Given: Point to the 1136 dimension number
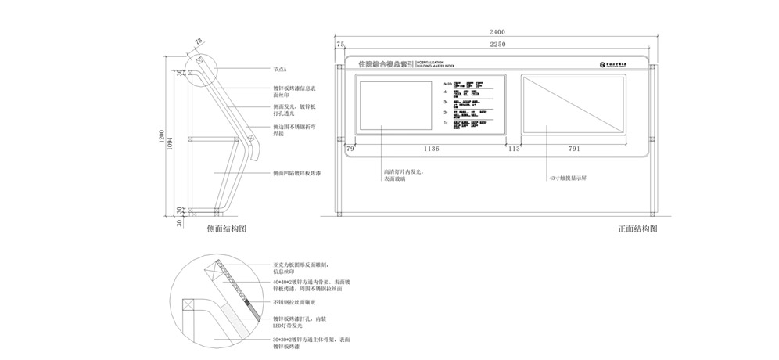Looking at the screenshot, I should point(432,148).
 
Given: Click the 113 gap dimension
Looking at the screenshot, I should point(514,148).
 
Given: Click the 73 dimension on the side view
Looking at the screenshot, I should point(198,41).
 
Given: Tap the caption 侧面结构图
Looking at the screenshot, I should point(227,229).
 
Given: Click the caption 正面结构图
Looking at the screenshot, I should point(637,229).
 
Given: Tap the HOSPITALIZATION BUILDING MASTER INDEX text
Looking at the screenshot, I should point(435,63).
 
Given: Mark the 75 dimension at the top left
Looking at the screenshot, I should point(340,45).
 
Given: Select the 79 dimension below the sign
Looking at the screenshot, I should point(350,148).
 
